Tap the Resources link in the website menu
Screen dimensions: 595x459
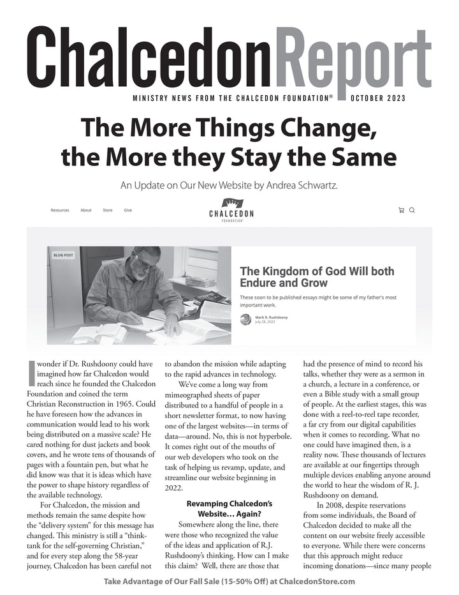[60, 210]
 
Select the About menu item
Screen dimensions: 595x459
[86, 210]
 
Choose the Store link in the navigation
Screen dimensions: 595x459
[108, 210]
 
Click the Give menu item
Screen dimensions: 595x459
[128, 210]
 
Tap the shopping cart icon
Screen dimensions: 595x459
[401, 210]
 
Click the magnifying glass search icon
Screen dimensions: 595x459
[412, 210]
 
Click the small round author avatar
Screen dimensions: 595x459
[245, 319]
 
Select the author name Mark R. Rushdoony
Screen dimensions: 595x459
[272, 317]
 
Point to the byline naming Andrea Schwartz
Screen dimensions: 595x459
[230, 186]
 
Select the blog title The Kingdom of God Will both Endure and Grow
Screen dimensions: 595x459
[316, 276]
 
